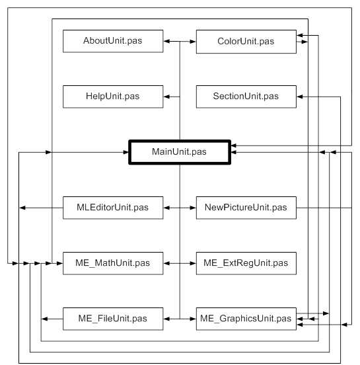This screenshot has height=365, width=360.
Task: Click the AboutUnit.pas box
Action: pyautogui.click(x=113, y=41)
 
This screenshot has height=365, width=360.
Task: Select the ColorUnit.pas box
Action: pyautogui.click(x=246, y=42)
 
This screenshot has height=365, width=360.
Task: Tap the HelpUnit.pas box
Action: pyautogui.click(x=113, y=97)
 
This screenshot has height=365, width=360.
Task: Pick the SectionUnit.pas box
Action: pyautogui.click(x=246, y=97)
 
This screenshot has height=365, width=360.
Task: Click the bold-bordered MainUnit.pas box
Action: pyautogui.click(x=180, y=152)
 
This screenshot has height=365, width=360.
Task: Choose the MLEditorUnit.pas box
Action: pyautogui.click(x=113, y=208)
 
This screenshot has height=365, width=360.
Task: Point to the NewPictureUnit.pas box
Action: pyautogui.click(x=246, y=208)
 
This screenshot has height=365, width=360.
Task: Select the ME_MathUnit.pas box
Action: pyautogui.click(x=113, y=263)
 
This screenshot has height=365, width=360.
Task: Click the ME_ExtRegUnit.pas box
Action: pyautogui.click(x=246, y=263)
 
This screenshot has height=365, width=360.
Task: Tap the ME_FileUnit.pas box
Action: pyautogui.click(x=113, y=319)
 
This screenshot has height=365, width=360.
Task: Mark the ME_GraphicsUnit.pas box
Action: pyautogui.click(x=246, y=319)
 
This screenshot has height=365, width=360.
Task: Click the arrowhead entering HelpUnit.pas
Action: pyautogui.click(x=166, y=97)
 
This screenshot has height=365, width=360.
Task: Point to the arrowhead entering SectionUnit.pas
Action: pyautogui.click(x=300, y=97)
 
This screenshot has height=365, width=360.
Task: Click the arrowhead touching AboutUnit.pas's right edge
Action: pyautogui.click(x=166, y=42)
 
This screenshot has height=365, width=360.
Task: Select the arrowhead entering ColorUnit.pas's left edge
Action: pyautogui.click(x=193, y=42)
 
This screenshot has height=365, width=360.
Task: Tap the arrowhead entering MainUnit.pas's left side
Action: pyautogui.click(x=126, y=152)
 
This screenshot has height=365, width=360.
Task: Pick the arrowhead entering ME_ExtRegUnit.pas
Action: pyautogui.click(x=193, y=263)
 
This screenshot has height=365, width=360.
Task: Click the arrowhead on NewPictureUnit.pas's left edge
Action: pyautogui.click(x=193, y=208)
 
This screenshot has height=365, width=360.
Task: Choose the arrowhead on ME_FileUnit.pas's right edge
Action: pyautogui.click(x=166, y=319)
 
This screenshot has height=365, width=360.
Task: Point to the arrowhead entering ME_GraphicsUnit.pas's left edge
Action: pyautogui.click(x=193, y=319)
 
